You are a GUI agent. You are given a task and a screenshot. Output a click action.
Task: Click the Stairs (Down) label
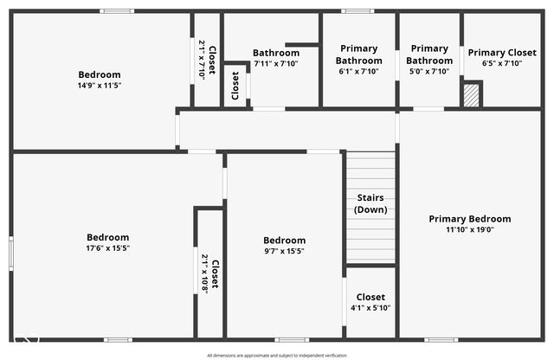tap(371, 203)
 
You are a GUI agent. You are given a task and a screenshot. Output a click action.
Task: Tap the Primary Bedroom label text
tap(470, 219)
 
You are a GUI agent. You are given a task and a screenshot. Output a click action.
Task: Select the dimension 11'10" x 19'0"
tap(470, 230)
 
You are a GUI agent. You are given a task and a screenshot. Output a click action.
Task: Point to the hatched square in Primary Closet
tap(472, 93)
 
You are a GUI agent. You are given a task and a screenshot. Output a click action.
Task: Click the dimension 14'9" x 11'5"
tap(100, 86)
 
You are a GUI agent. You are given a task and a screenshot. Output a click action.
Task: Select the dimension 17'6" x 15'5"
tap(107, 248)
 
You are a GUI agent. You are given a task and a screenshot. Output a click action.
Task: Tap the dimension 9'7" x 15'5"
tap(284, 251)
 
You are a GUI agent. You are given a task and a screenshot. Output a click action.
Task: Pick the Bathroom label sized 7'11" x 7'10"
tap(276, 53)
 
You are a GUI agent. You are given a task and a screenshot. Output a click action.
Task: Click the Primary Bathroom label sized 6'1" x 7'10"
tap(358, 55)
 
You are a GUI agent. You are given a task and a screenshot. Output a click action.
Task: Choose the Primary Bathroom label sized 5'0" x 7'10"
tap(430, 55)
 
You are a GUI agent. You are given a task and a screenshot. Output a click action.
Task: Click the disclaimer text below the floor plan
tap(277, 355)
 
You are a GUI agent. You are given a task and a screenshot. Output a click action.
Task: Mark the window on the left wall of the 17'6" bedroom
tap(10, 252)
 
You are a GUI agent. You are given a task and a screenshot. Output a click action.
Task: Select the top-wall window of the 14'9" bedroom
tap(116, 11)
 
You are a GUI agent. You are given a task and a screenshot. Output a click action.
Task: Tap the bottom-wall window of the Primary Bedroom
tap(441, 339)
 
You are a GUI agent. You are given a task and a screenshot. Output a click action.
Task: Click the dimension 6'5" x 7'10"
tap(501, 63)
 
